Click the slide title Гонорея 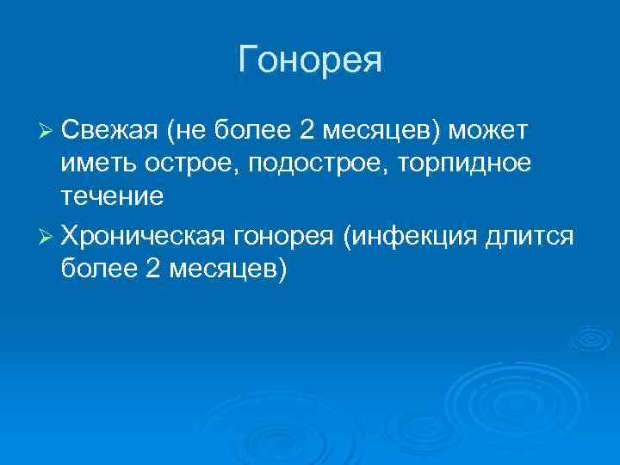[x=310, y=60]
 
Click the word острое [x=189, y=164]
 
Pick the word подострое [x=323, y=164]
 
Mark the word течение [x=112, y=197]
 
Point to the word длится [x=533, y=234]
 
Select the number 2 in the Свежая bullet [x=307, y=130]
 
